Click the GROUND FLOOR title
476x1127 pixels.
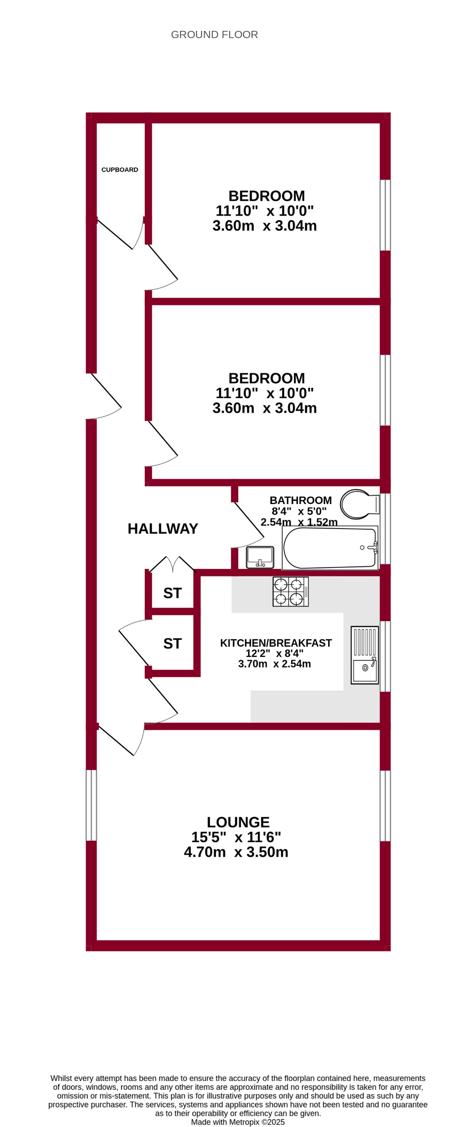[x=214, y=34]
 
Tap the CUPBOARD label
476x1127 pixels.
[x=120, y=169]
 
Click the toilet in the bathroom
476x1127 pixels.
[x=358, y=504]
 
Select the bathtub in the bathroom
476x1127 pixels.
[x=330, y=548]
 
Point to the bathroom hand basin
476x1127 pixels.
[x=260, y=557]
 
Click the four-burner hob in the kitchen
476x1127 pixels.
[x=291, y=591]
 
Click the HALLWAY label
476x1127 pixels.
[x=163, y=529]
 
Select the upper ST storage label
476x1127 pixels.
[x=173, y=593]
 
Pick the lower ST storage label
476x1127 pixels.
[x=173, y=644]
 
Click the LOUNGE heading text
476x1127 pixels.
[x=238, y=822]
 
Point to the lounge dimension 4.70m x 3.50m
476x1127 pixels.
[x=236, y=852]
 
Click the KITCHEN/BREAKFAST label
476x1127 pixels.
[x=276, y=643]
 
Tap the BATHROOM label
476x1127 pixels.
[x=300, y=500]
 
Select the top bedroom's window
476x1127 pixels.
[x=385, y=215]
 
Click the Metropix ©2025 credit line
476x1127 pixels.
[x=238, y=1122]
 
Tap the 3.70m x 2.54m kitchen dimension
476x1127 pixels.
[x=274, y=664]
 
